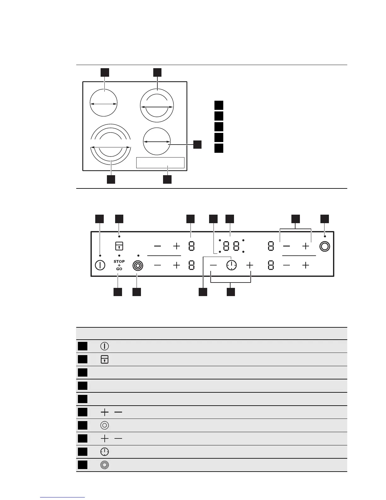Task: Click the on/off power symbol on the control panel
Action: (100, 265)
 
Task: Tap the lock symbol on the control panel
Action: (119, 246)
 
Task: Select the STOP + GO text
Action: (119, 265)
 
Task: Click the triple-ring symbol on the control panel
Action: (138, 265)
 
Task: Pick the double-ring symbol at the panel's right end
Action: (325, 246)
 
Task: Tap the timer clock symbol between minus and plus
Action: (231, 265)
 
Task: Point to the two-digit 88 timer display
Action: (231, 246)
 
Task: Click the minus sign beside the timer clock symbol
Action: (213, 265)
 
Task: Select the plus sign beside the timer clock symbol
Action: (250, 265)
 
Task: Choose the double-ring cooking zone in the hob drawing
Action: (157, 105)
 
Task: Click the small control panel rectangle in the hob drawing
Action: (160, 163)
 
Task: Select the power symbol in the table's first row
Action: (104, 346)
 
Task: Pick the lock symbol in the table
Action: (104, 359)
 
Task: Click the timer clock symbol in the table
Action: (104, 452)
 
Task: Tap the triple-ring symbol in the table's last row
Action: (104, 465)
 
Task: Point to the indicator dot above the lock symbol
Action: (119, 236)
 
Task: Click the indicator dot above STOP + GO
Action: (119, 255)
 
